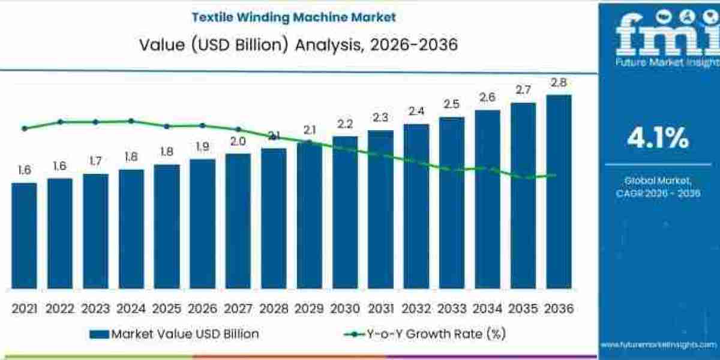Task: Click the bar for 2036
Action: click(x=559, y=192)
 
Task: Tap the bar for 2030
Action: click(x=345, y=212)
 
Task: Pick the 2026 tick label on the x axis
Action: click(x=202, y=308)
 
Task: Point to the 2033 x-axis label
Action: click(x=452, y=308)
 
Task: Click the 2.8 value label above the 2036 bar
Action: click(x=559, y=83)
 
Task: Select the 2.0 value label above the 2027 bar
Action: click(x=238, y=142)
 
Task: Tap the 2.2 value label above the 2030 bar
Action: click(x=345, y=124)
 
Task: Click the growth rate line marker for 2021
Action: click(x=24, y=128)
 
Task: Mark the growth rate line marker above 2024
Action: click(x=131, y=121)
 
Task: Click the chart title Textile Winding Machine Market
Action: click(x=293, y=17)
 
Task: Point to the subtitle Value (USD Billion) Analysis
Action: click(x=293, y=44)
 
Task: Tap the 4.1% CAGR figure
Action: click(x=658, y=139)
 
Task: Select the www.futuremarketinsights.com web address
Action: click(x=658, y=344)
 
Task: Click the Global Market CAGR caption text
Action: click(x=658, y=187)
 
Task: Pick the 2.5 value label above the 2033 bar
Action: click(x=452, y=104)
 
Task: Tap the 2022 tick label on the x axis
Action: click(x=59, y=308)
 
